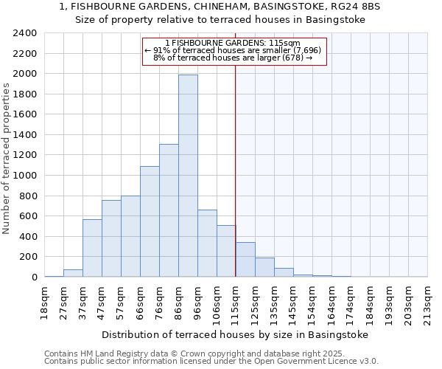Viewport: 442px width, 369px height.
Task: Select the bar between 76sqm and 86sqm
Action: point(169,210)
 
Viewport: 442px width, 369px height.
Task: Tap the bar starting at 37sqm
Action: point(92,248)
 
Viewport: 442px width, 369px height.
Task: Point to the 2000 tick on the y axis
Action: point(25,74)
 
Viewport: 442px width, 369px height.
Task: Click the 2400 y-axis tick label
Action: point(25,33)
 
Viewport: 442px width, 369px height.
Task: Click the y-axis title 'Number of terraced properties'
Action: point(7,158)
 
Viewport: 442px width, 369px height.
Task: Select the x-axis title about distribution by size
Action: point(235,334)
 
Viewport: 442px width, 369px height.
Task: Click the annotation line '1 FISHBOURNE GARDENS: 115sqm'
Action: point(233,43)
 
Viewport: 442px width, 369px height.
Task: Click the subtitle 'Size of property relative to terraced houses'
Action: point(221,20)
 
